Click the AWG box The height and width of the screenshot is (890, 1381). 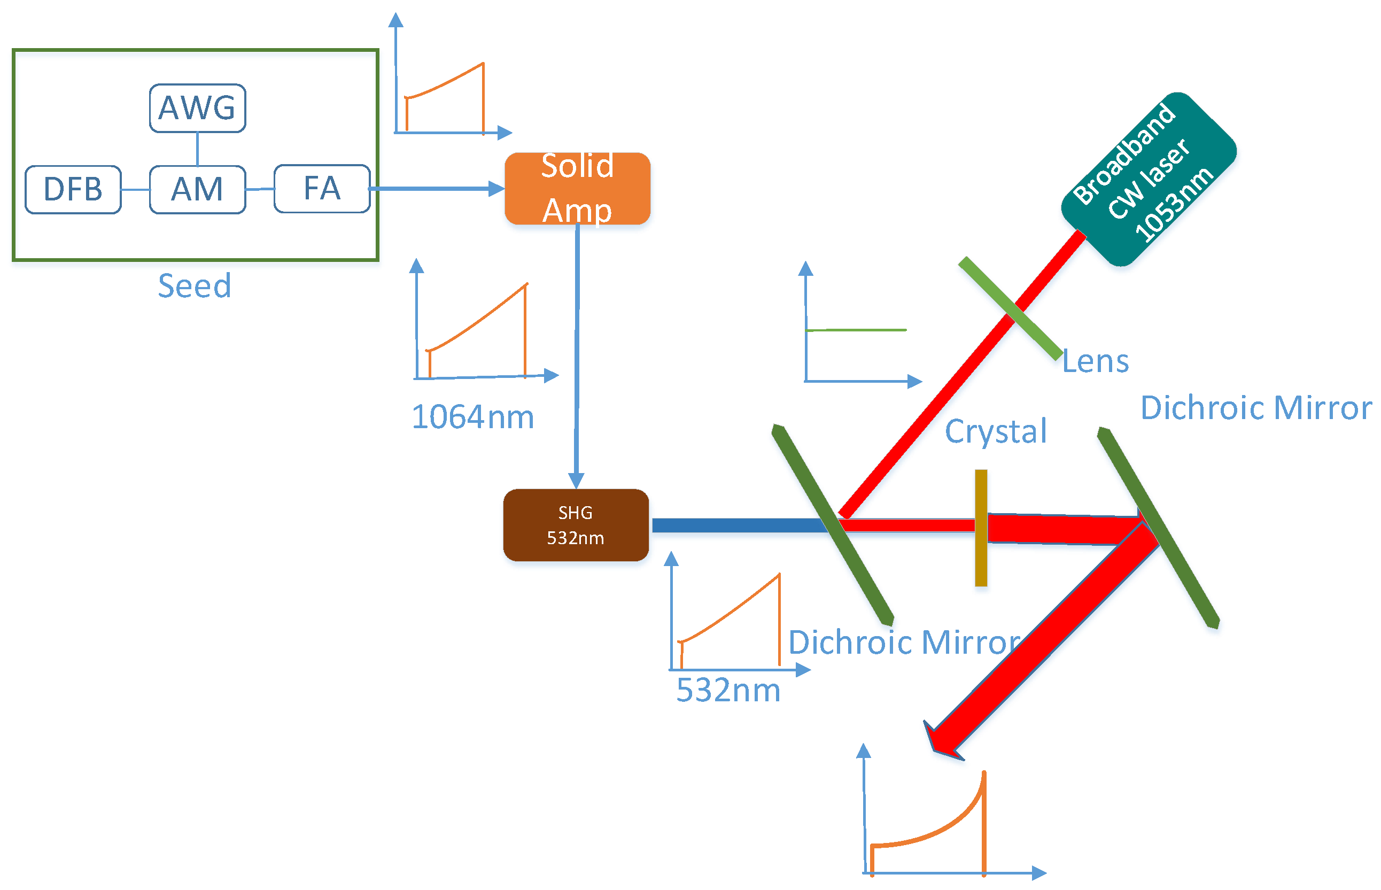click(198, 108)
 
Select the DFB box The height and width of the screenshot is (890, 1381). click(73, 190)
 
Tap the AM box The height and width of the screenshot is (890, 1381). click(198, 190)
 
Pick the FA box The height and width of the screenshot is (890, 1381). click(322, 189)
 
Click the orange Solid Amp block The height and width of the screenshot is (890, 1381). click(577, 188)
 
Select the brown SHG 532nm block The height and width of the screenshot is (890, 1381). click(576, 525)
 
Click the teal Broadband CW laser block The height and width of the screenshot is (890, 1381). click(1148, 179)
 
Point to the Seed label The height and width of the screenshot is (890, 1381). click(195, 285)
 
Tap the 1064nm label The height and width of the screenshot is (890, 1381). click(472, 417)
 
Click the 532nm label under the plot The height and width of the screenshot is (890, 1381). click(728, 690)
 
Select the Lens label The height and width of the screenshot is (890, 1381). click(1095, 362)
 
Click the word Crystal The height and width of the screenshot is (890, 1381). click(995, 431)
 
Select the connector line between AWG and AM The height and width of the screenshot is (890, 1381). click(198, 149)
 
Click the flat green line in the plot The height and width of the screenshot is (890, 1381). click(855, 330)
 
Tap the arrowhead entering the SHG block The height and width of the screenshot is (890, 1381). click(576, 480)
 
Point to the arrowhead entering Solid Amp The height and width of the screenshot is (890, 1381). click(496, 188)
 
